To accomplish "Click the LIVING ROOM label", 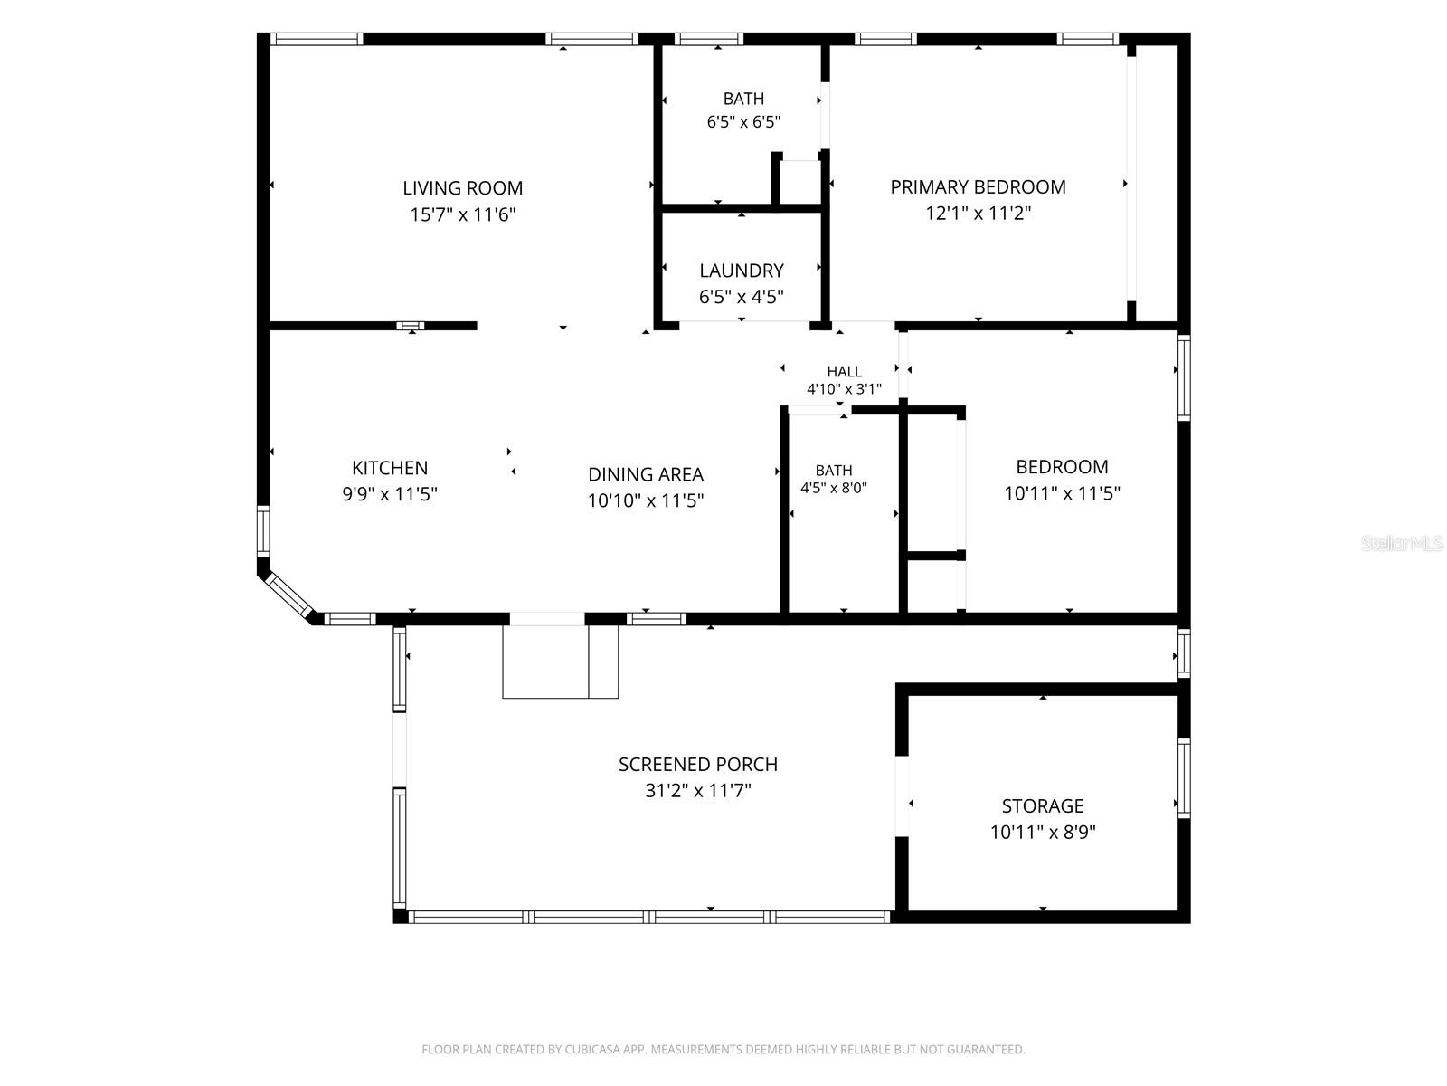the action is point(462,188).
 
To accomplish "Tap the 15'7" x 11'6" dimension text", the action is point(462,214).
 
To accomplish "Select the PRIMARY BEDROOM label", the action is point(978,187).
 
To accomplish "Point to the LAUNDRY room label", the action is point(741,271).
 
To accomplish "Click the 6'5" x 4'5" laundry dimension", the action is point(741,297).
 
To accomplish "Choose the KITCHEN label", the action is point(390,468).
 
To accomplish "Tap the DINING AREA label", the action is point(646,474).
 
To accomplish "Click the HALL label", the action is point(844,372).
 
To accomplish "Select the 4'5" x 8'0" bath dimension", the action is point(833,488).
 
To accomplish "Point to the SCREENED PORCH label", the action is point(697,764).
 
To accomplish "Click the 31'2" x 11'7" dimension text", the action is point(697,790).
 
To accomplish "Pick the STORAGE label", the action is point(1042,805).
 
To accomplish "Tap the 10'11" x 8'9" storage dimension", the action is point(1042,832).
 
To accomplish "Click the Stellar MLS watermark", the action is point(1402,543).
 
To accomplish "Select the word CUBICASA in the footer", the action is point(593,1049).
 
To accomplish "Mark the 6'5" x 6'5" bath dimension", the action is point(743,122).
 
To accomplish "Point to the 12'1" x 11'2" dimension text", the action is point(978,213).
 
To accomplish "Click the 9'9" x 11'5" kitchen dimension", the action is point(390,494).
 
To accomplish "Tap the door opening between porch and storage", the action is point(902,795).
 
